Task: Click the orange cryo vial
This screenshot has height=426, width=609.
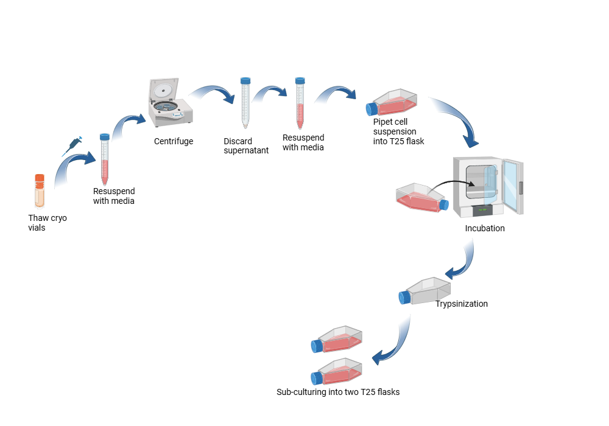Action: click(40, 190)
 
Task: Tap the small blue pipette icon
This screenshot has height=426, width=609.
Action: click(71, 147)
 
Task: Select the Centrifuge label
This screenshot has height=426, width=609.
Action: click(174, 142)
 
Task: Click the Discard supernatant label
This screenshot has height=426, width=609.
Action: click(246, 146)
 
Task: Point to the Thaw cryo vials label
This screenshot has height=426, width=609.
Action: click(48, 222)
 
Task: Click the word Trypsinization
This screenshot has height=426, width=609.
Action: click(461, 304)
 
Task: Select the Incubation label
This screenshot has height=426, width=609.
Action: click(485, 229)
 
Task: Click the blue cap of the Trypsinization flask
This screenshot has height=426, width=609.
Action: click(404, 298)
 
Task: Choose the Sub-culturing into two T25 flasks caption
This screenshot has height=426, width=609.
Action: click(338, 392)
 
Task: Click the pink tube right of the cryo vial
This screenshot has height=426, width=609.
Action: click(105, 159)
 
